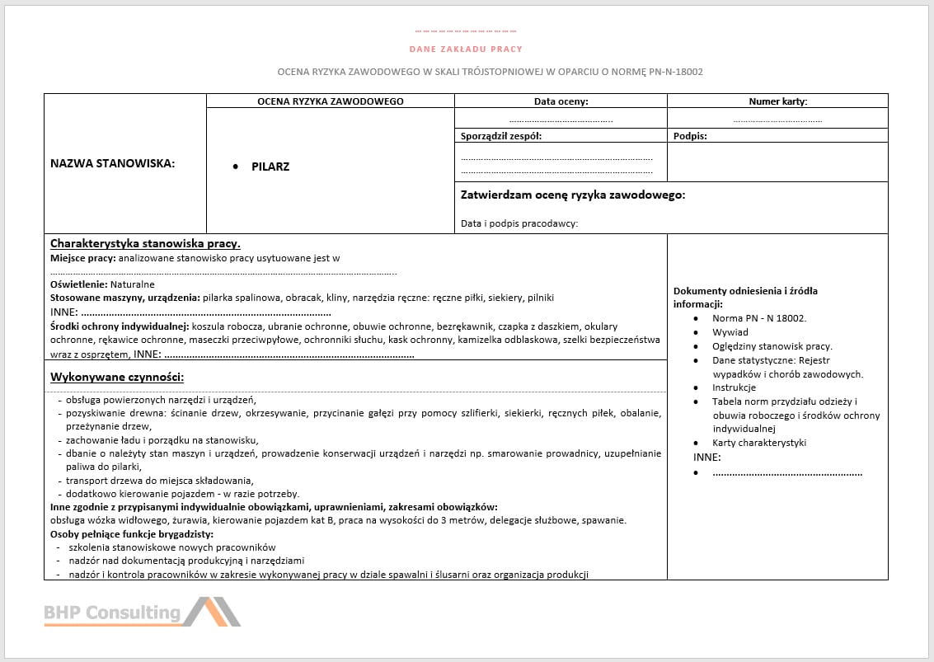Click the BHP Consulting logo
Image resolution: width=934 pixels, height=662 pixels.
click(x=142, y=612)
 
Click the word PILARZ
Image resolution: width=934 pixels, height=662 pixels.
click(x=270, y=167)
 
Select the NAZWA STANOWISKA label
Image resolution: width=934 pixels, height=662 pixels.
click(x=112, y=163)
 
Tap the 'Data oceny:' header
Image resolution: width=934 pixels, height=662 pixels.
click(x=561, y=101)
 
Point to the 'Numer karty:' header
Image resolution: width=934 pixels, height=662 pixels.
click(x=777, y=101)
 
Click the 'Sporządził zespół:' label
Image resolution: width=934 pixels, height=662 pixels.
click(x=501, y=136)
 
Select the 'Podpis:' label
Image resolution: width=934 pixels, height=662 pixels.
click(x=690, y=136)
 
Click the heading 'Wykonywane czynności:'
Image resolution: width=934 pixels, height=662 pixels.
click(x=117, y=378)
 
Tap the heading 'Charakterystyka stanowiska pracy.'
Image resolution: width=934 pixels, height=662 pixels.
click(x=145, y=243)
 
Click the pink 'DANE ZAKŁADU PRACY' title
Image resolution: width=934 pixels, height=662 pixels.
click(x=466, y=49)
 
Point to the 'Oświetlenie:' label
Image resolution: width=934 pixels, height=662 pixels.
click(x=78, y=284)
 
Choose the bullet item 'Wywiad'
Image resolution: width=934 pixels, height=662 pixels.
click(x=730, y=332)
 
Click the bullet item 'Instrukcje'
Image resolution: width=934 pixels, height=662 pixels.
click(x=734, y=387)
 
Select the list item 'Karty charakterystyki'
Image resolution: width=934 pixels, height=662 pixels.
click(x=759, y=443)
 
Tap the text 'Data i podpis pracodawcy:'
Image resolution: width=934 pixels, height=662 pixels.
click(x=519, y=223)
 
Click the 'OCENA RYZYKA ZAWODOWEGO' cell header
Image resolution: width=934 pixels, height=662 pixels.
click(x=330, y=101)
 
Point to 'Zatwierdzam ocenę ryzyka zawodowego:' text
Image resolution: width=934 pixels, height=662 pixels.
click(x=573, y=195)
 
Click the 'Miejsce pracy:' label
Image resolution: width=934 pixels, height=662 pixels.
click(x=82, y=258)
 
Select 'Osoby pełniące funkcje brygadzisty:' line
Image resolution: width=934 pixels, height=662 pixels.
click(x=132, y=533)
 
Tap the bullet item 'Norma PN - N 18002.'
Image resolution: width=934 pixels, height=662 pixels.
click(x=759, y=318)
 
